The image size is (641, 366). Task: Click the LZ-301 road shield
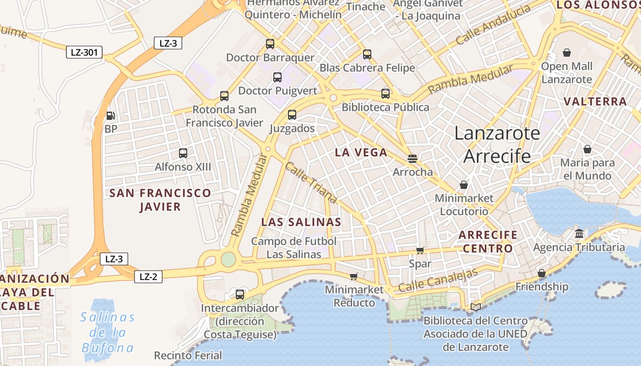click(84, 52)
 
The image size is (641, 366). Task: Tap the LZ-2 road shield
click(148, 276)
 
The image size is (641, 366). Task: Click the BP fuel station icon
click(110, 116)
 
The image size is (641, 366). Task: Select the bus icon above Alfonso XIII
click(183, 153)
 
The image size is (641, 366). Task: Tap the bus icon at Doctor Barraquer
click(270, 44)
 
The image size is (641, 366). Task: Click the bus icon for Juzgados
click(292, 115)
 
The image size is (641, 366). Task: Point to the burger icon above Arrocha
click(413, 159)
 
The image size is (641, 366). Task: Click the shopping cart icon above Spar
click(420, 250)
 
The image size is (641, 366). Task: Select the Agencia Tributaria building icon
click(579, 234)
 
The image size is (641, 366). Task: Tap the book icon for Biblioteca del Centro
click(476, 307)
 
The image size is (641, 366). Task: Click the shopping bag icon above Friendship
click(542, 273)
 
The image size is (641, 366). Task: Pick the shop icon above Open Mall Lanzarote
click(567, 53)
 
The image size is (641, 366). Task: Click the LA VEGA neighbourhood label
click(361, 153)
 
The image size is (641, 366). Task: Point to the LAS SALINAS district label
click(301, 222)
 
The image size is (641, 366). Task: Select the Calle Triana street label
click(311, 183)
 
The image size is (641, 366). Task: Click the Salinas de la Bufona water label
click(108, 333)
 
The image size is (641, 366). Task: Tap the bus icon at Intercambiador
click(240, 295)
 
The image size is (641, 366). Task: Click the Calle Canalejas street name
click(438, 280)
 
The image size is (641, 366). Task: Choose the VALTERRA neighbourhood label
click(595, 102)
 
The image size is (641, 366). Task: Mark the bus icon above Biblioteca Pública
click(386, 94)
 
